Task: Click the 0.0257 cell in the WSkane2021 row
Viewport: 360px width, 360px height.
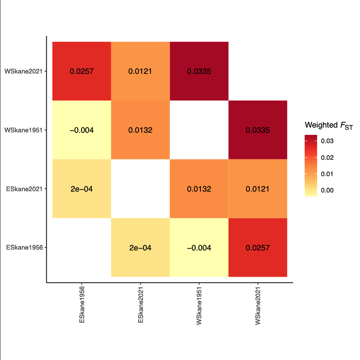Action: (x=82, y=71)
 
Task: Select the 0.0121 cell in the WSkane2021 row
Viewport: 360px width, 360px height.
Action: (x=140, y=71)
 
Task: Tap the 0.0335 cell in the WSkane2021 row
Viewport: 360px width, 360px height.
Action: (x=199, y=71)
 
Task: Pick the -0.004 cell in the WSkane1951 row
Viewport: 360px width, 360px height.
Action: (x=82, y=130)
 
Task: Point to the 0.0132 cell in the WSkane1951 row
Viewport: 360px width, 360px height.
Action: (x=140, y=130)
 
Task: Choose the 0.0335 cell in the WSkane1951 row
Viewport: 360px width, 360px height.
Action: (x=258, y=130)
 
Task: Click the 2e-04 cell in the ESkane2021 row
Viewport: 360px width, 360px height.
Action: (x=82, y=189)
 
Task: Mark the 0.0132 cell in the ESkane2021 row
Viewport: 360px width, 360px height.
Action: (x=199, y=189)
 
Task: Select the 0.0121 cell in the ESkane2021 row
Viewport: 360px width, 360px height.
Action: (x=258, y=189)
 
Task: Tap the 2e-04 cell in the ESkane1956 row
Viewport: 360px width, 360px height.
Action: (x=140, y=248)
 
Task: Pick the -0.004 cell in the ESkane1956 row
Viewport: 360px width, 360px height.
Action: (x=199, y=248)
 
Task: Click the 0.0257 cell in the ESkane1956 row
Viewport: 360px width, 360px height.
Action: (x=258, y=248)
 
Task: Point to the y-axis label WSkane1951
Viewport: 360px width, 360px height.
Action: (x=23, y=130)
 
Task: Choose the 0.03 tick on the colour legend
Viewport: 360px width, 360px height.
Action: (x=327, y=141)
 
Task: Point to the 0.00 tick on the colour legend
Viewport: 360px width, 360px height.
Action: (x=327, y=190)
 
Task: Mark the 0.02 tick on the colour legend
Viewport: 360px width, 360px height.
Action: (x=327, y=158)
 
